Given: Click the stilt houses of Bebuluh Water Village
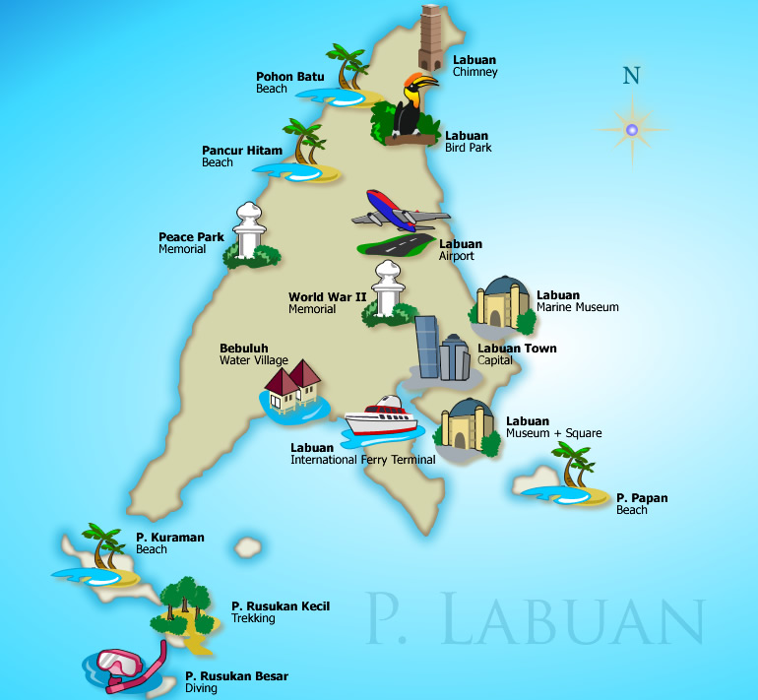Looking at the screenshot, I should click(x=293, y=387).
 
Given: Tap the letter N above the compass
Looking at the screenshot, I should click(x=631, y=76).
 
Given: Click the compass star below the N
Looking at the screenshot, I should click(x=632, y=129).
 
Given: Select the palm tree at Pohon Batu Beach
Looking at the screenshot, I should click(x=348, y=69).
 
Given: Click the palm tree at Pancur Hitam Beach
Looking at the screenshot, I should click(x=303, y=144).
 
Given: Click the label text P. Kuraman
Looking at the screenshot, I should click(x=169, y=538).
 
